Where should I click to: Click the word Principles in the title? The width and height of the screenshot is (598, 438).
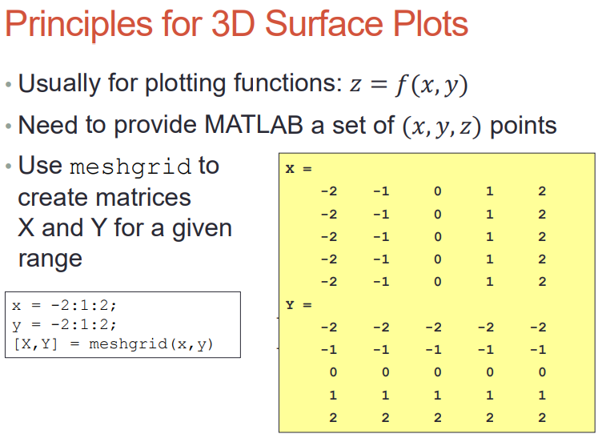pos(78,25)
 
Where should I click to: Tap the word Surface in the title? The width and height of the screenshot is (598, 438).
pos(323,24)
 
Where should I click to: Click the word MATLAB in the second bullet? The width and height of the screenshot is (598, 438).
pos(254,124)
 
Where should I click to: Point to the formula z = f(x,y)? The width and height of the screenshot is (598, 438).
pos(409,84)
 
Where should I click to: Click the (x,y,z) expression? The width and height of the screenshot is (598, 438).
pos(442,127)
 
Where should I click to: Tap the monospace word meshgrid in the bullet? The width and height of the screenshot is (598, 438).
pos(130,167)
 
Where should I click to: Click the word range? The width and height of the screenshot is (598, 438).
pos(50,259)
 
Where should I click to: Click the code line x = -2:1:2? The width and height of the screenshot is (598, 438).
pos(64,305)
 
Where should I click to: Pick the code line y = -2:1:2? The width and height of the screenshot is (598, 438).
pos(64,324)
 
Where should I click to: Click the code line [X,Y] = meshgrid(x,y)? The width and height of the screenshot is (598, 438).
pos(113,344)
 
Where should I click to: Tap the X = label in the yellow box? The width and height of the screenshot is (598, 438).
pos(299,169)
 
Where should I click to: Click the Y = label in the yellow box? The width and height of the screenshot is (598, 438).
pos(299,305)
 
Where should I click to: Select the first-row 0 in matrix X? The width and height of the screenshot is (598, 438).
pos(437,191)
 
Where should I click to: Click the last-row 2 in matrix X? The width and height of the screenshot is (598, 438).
pos(542,282)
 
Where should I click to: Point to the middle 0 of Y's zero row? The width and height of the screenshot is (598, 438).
pos(437,372)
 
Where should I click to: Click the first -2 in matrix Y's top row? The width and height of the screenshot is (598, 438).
pos(329,327)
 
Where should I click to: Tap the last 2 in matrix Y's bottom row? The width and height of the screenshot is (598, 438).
pos(542,417)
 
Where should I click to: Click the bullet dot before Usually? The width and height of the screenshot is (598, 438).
pos(9,84)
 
